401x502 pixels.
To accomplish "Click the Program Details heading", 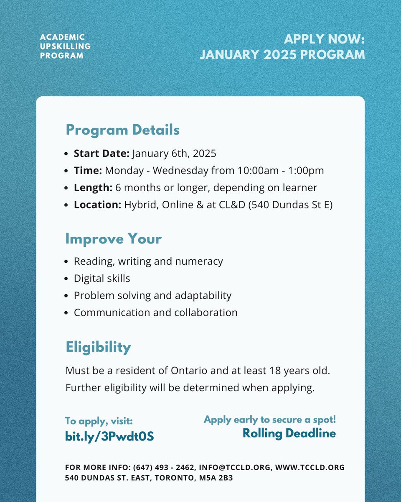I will [122, 130].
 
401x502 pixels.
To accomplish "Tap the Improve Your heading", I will [113, 239].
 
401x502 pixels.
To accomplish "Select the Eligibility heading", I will [98, 347].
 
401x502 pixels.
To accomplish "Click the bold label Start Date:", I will [102, 154].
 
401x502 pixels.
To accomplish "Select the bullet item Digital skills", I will [102, 278].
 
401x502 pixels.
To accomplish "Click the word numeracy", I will [199, 261].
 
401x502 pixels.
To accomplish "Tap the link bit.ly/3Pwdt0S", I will [109, 436].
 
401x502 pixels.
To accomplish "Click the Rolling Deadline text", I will [289, 433].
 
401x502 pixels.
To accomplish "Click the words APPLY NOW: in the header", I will [324, 40].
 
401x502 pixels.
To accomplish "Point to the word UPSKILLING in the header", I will [65, 46].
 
